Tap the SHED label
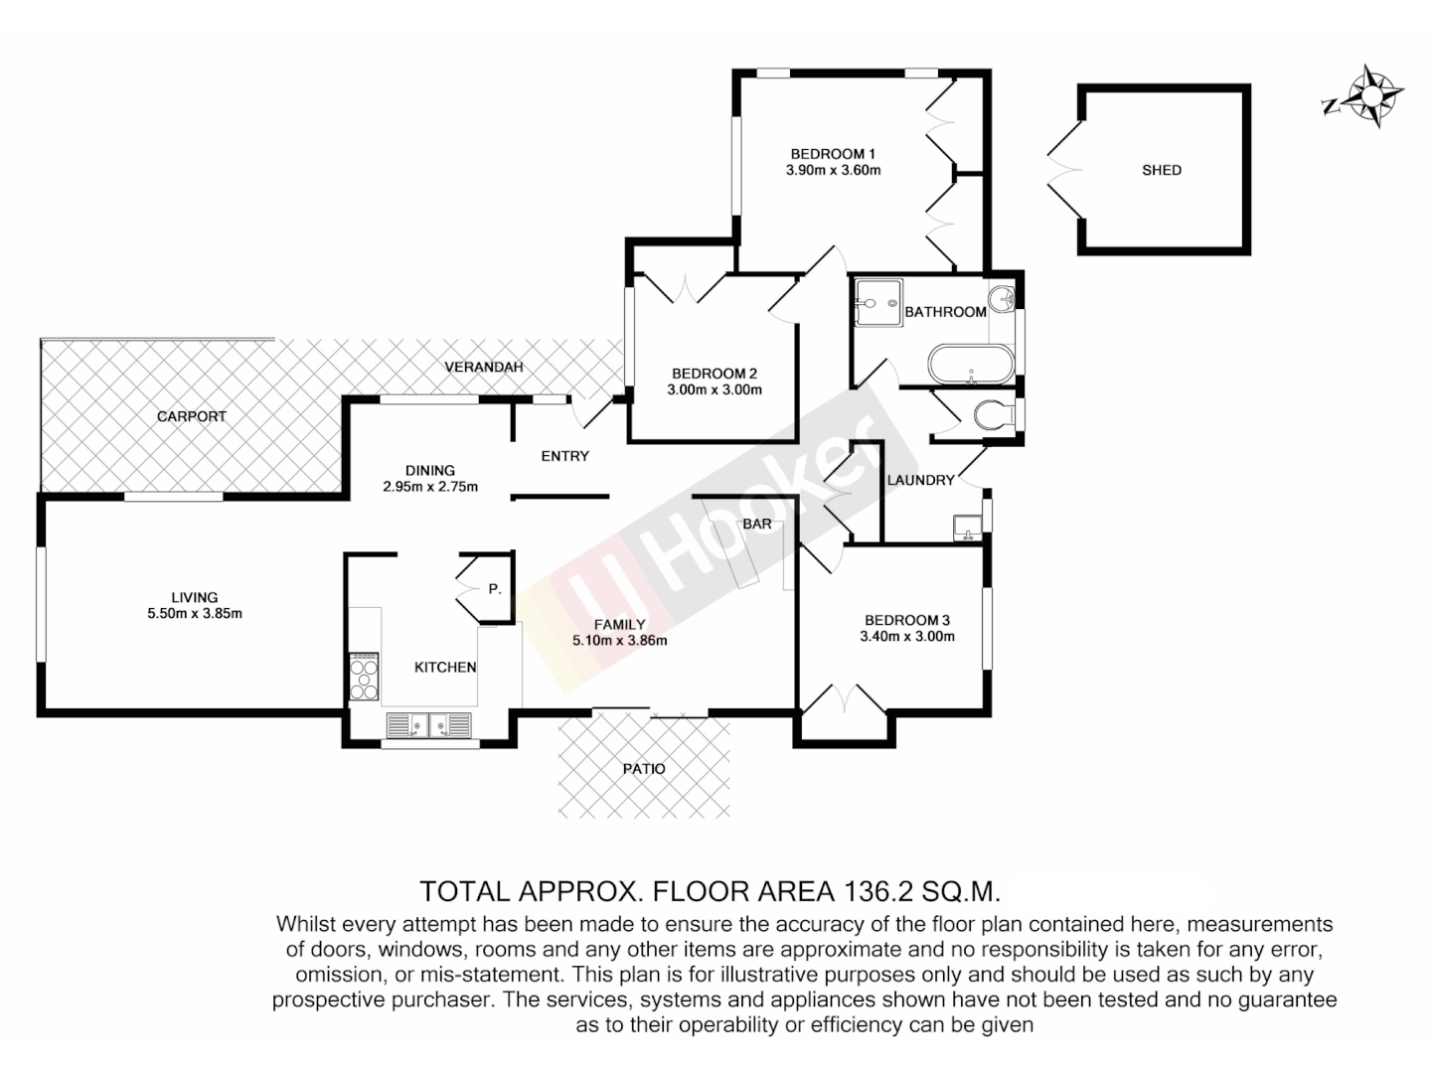pyautogui.click(x=1161, y=170)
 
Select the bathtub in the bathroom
pyautogui.click(x=971, y=363)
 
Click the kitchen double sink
pyautogui.click(x=429, y=726)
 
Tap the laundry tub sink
pyautogui.click(x=965, y=527)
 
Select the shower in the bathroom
pyautogui.click(x=875, y=302)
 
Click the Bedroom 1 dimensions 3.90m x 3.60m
pyautogui.click(x=833, y=170)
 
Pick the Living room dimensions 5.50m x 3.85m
pyautogui.click(x=194, y=613)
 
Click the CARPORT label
pyautogui.click(x=192, y=416)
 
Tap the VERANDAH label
pyautogui.click(x=484, y=367)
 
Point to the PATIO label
pyautogui.click(x=644, y=768)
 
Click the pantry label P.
pyautogui.click(x=494, y=589)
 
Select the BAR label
pyautogui.click(x=757, y=524)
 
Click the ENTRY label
pyautogui.click(x=564, y=456)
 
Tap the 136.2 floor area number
pyautogui.click(x=884, y=889)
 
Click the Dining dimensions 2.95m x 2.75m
pyautogui.click(x=430, y=487)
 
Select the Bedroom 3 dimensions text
pyautogui.click(x=906, y=636)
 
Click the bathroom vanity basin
pyautogui.click(x=1002, y=298)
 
